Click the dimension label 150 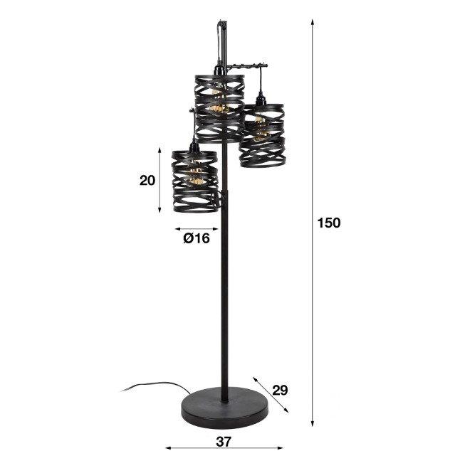(328, 223)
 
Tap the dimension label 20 (147, 181)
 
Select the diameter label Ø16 (197, 238)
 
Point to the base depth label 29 (280, 391)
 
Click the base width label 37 (224, 442)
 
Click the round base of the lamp (224, 408)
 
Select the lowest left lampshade (195, 181)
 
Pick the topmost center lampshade (220, 109)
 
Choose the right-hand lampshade (262, 136)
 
